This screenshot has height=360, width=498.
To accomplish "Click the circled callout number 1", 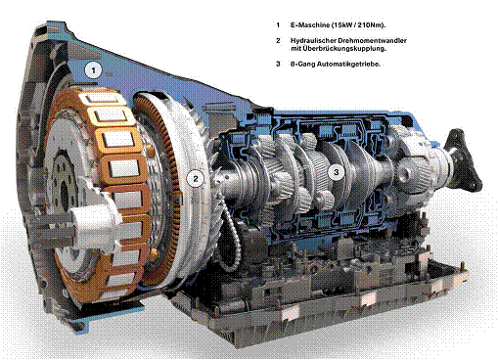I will [x=92, y=69].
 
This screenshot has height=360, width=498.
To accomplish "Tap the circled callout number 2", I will [x=196, y=178].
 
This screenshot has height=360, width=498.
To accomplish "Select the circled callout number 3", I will [x=336, y=172].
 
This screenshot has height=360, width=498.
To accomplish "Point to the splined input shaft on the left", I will [x=29, y=232].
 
